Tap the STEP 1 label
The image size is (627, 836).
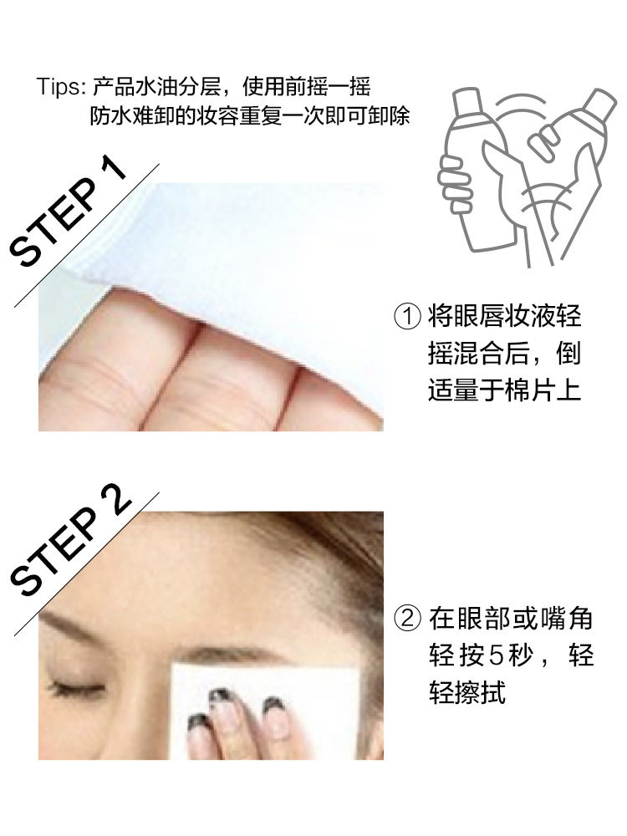click(x=70, y=213)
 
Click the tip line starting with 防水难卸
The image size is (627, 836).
click(x=251, y=115)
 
